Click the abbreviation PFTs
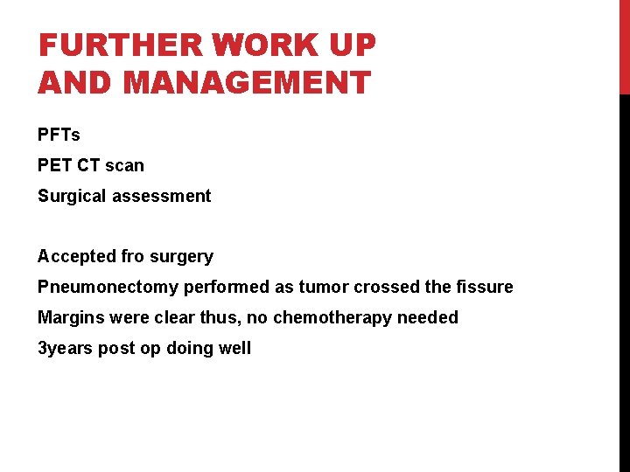(59, 135)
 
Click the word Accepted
(76, 256)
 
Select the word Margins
(70, 317)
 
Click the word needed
(428, 317)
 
